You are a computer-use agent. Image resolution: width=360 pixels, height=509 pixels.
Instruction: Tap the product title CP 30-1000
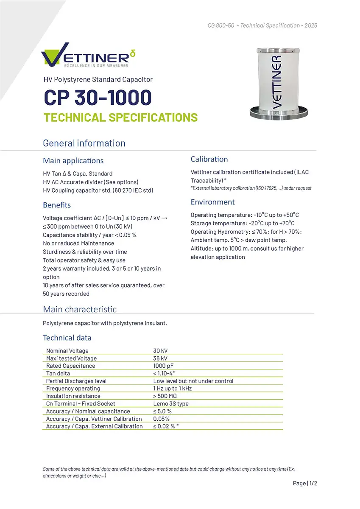(97, 98)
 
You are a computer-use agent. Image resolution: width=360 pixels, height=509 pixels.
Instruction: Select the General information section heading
(84, 143)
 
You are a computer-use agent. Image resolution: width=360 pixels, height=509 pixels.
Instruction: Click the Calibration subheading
(209, 159)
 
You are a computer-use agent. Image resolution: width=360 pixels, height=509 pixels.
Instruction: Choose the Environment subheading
(212, 202)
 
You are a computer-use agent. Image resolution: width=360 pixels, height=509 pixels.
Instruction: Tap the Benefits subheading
(57, 205)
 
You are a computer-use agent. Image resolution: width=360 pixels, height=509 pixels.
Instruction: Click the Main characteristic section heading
(80, 309)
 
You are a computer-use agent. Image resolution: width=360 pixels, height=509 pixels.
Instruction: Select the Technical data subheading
(67, 338)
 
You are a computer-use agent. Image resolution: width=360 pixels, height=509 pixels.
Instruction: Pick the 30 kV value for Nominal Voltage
(160, 351)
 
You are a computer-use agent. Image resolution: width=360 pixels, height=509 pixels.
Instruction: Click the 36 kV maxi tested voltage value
(160, 358)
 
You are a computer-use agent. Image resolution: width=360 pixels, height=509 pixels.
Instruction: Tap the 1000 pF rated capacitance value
(163, 366)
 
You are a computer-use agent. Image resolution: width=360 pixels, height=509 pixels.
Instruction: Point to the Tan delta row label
(58, 373)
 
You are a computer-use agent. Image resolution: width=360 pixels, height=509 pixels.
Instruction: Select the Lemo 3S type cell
(170, 403)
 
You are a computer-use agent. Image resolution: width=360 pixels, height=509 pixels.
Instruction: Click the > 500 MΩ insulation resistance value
(165, 396)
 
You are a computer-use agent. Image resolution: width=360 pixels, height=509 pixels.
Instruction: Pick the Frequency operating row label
(73, 389)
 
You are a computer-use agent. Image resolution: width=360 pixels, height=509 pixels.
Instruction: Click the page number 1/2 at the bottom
(305, 483)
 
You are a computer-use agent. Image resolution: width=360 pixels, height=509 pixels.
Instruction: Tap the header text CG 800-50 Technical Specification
(262, 25)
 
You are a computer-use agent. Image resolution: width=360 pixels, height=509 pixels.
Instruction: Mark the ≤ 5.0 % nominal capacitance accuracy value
(162, 411)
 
